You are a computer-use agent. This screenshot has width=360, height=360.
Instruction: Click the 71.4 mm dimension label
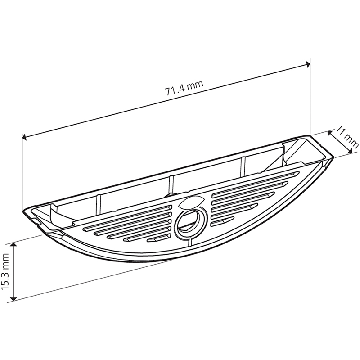pos(184,88)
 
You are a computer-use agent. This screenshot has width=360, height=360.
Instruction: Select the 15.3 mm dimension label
pos(5,271)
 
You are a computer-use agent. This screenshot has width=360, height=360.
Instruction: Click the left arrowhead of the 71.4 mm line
pos(24,137)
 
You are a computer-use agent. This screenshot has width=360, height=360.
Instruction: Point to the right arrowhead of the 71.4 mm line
pos(308,64)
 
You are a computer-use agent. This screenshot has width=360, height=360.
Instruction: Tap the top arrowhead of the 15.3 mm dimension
pos(14,245)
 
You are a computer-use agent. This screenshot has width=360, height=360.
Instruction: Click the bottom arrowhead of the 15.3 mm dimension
pos(14,298)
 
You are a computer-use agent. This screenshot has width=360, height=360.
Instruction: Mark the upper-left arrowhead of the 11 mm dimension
pos(330,133)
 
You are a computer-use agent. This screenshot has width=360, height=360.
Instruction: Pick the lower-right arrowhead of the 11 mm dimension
pos(350,151)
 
